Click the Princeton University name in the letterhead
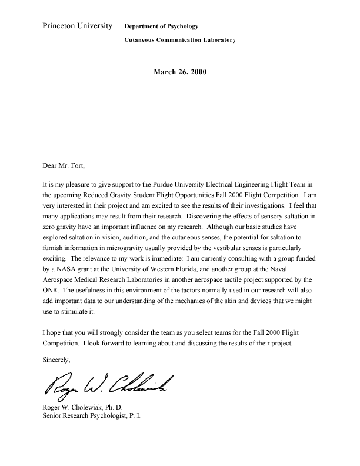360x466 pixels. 78,26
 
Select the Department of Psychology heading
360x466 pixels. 161,26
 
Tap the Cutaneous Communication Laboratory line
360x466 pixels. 180,41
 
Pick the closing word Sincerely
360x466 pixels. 57,360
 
